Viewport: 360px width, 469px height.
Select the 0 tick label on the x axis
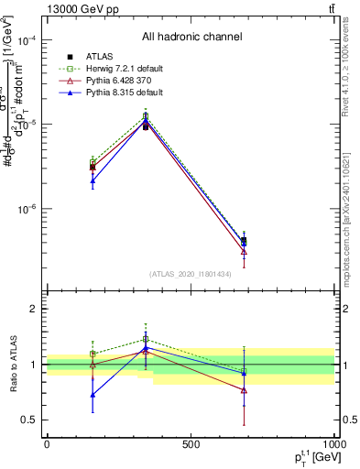tap(47, 444)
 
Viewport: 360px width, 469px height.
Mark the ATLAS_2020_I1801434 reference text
tap(191, 274)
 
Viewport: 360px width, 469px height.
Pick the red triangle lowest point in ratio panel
tap(244, 390)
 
